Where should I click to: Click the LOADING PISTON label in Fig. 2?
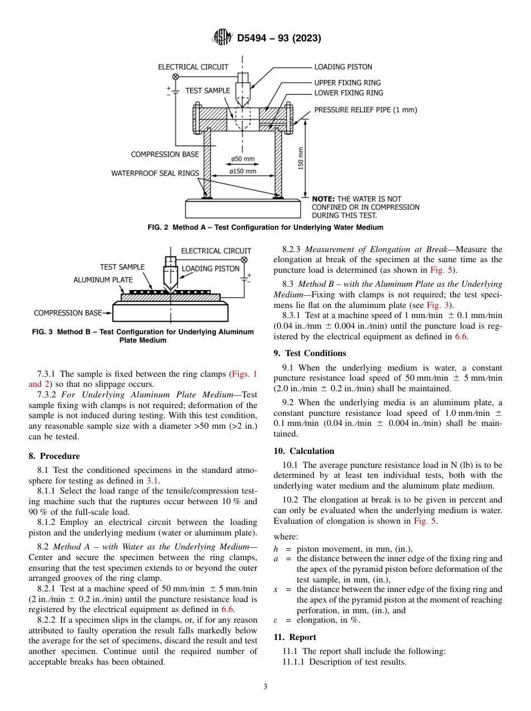343,67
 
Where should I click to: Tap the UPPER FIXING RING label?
347,83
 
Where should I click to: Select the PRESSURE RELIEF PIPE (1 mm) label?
366,110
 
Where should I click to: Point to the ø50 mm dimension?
243,159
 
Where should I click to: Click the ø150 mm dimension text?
243,172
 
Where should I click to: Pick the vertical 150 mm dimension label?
301,158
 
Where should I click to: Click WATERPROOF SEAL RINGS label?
155,173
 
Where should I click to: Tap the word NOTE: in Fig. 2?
323,199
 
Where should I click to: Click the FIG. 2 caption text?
265,227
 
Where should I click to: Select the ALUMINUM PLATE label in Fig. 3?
103,279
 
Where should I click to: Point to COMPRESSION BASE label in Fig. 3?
68,313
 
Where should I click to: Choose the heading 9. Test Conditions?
310,353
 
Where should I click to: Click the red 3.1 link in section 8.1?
152,480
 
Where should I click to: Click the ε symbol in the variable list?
276,620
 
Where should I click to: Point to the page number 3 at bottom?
265,687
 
